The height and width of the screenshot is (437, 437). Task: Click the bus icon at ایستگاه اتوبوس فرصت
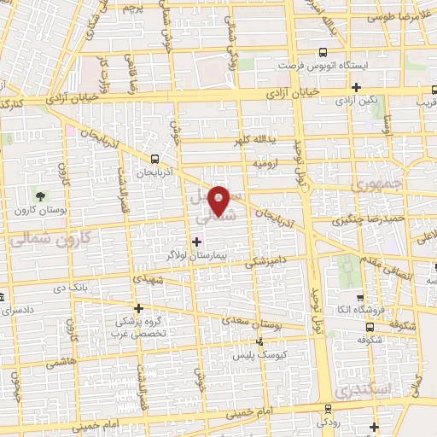click(322, 50)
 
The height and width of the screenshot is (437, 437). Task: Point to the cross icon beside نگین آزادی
click(357, 87)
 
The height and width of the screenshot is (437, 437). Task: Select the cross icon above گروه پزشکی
click(138, 308)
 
